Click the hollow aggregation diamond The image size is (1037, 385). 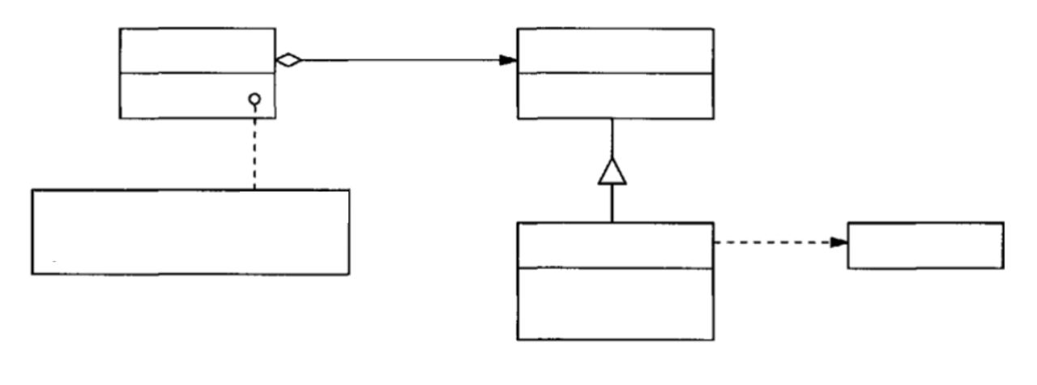[288, 59]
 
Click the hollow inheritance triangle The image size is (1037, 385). [612, 170]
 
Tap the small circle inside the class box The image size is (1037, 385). [254, 100]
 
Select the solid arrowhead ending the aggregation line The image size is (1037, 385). [508, 60]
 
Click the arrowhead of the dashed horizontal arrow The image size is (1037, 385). [838, 242]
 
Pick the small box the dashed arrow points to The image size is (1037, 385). [924, 245]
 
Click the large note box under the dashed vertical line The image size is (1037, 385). [190, 232]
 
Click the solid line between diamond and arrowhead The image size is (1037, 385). [397, 60]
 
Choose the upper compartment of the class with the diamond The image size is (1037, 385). [197, 50]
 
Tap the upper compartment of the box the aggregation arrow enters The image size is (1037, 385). [616, 50]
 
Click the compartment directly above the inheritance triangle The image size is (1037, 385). [616, 96]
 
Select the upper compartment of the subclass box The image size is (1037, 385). [616, 244]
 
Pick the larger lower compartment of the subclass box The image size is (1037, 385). [616, 303]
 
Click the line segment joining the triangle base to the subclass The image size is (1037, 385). [612, 203]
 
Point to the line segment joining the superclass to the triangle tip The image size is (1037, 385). [612, 138]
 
